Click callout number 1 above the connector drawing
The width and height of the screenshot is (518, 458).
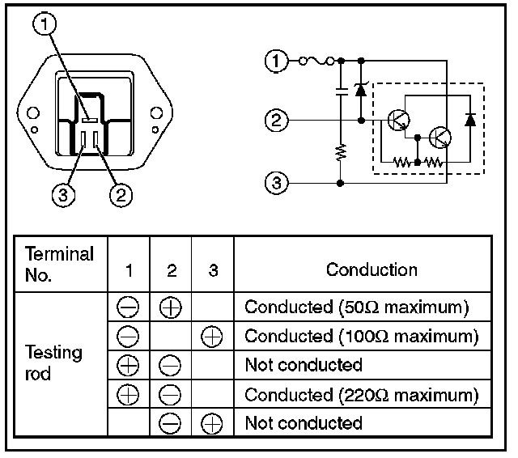click(x=45, y=23)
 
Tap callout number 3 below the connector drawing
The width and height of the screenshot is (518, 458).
click(x=63, y=195)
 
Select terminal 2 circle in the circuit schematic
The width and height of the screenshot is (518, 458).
click(x=277, y=121)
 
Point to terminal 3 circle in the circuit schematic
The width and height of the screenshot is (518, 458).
click(x=277, y=183)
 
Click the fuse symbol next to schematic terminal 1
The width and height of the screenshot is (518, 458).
click(x=316, y=61)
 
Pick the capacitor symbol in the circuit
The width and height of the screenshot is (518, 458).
click(x=342, y=91)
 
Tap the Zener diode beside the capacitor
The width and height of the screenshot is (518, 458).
click(x=360, y=90)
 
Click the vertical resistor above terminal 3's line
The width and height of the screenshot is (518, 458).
click(x=341, y=153)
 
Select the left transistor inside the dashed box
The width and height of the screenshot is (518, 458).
click(x=399, y=121)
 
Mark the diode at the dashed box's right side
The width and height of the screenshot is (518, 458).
click(x=470, y=120)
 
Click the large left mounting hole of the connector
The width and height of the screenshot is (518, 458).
click(x=33, y=113)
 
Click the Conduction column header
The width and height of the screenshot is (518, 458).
click(x=372, y=269)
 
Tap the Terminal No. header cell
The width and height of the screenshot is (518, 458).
click(x=59, y=264)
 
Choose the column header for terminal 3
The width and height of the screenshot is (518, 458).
click(x=213, y=270)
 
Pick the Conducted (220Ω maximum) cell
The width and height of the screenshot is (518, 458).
click(x=362, y=395)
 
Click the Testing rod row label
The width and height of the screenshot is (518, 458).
click(x=53, y=363)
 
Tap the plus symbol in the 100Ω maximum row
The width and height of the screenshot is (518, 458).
click(x=212, y=337)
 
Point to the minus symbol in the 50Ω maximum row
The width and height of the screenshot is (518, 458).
click(x=128, y=307)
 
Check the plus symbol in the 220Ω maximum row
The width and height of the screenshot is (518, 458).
click(x=128, y=395)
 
